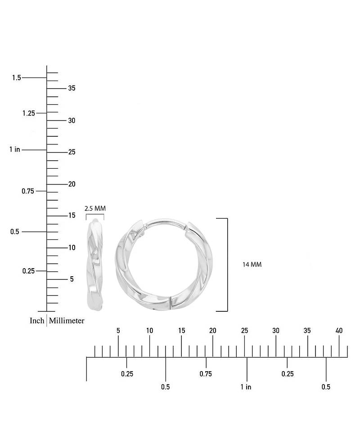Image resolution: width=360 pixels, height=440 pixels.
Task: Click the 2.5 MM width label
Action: click(x=95, y=208)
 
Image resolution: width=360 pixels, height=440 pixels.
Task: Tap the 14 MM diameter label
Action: click(x=252, y=265)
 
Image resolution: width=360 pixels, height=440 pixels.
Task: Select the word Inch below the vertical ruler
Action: click(x=37, y=320)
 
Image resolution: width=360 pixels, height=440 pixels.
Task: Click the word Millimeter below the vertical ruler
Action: click(x=67, y=320)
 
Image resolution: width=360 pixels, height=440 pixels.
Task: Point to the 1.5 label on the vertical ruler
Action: click(x=17, y=77)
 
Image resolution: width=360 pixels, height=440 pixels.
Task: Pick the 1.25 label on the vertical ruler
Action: click(x=29, y=113)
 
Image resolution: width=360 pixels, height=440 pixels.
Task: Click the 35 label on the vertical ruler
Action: click(x=72, y=88)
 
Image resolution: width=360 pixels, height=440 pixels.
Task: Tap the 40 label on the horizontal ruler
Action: click(x=339, y=331)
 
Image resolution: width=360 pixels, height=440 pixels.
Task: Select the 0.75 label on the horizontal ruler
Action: click(x=206, y=374)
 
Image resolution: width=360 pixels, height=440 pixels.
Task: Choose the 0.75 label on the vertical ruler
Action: click(x=28, y=191)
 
